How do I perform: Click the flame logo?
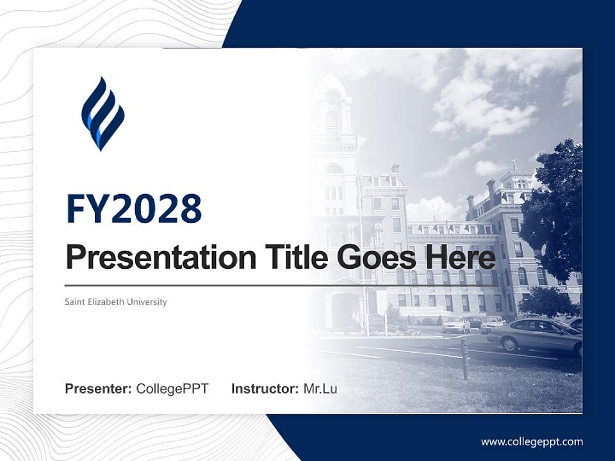(102, 113)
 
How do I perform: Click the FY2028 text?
(134, 208)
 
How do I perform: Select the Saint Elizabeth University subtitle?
(116, 302)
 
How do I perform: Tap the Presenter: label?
(98, 389)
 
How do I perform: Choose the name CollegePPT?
(172, 389)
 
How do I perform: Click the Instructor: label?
(265, 389)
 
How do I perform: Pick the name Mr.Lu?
(320, 389)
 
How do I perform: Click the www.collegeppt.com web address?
(532, 442)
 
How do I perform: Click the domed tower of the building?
(332, 102)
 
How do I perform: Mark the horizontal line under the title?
(282, 285)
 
